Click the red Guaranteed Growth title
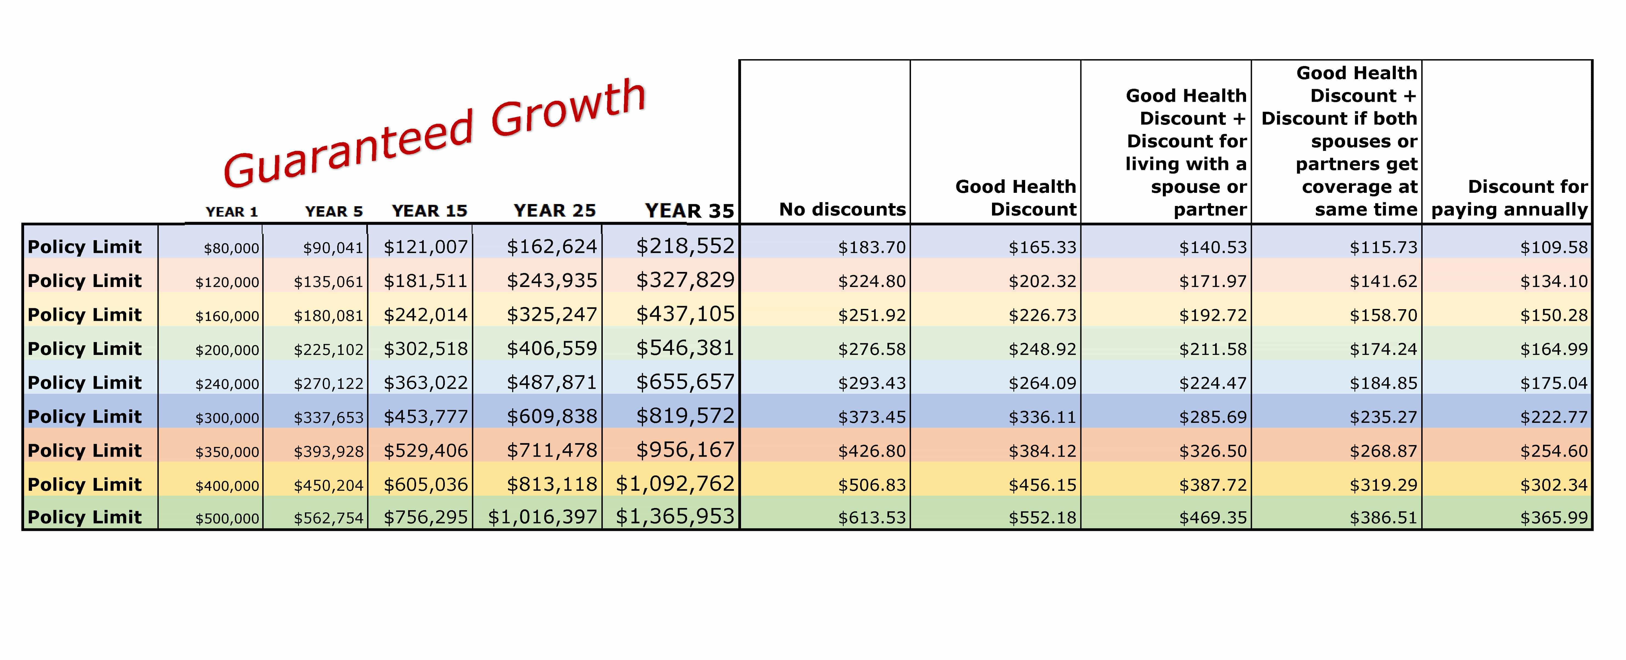pyautogui.click(x=436, y=133)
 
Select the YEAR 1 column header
pyautogui.click(x=232, y=212)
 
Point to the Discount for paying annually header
pyautogui.click(x=1509, y=198)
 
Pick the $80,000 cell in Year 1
pyautogui.click(x=231, y=248)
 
